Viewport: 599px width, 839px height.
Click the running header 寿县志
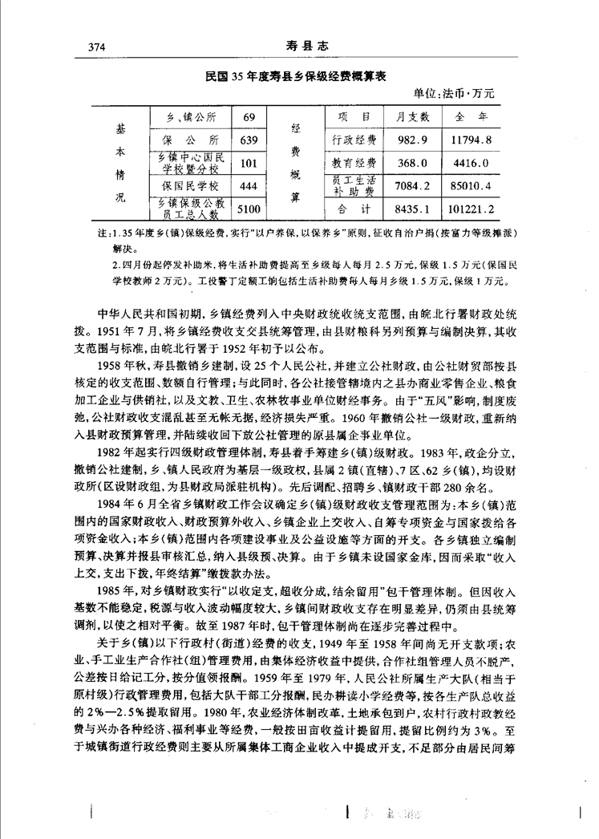pyautogui.click(x=299, y=47)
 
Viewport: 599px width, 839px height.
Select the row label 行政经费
pyautogui.click(x=354, y=140)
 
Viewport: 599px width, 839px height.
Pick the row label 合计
pyautogui.click(x=354, y=211)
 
